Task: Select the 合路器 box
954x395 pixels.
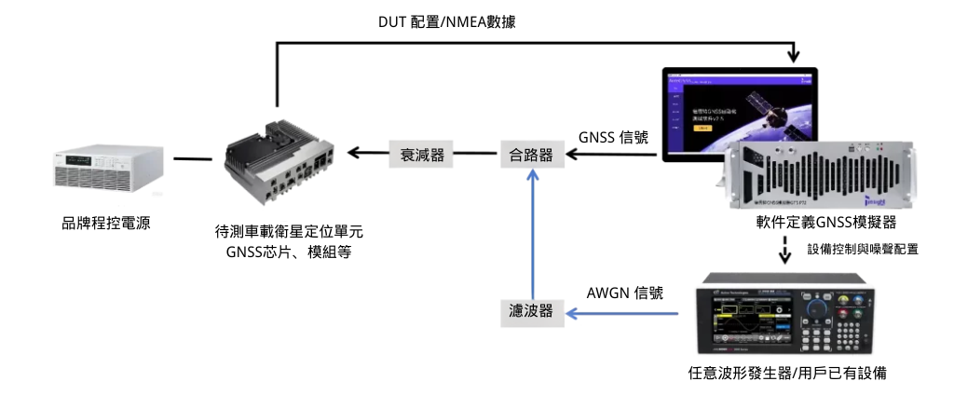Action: [x=532, y=155]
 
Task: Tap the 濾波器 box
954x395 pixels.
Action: [x=532, y=312]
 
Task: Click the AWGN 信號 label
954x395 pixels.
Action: [x=624, y=293]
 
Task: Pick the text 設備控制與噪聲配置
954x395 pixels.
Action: [x=864, y=250]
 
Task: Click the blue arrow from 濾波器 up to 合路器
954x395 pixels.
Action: [x=532, y=233]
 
